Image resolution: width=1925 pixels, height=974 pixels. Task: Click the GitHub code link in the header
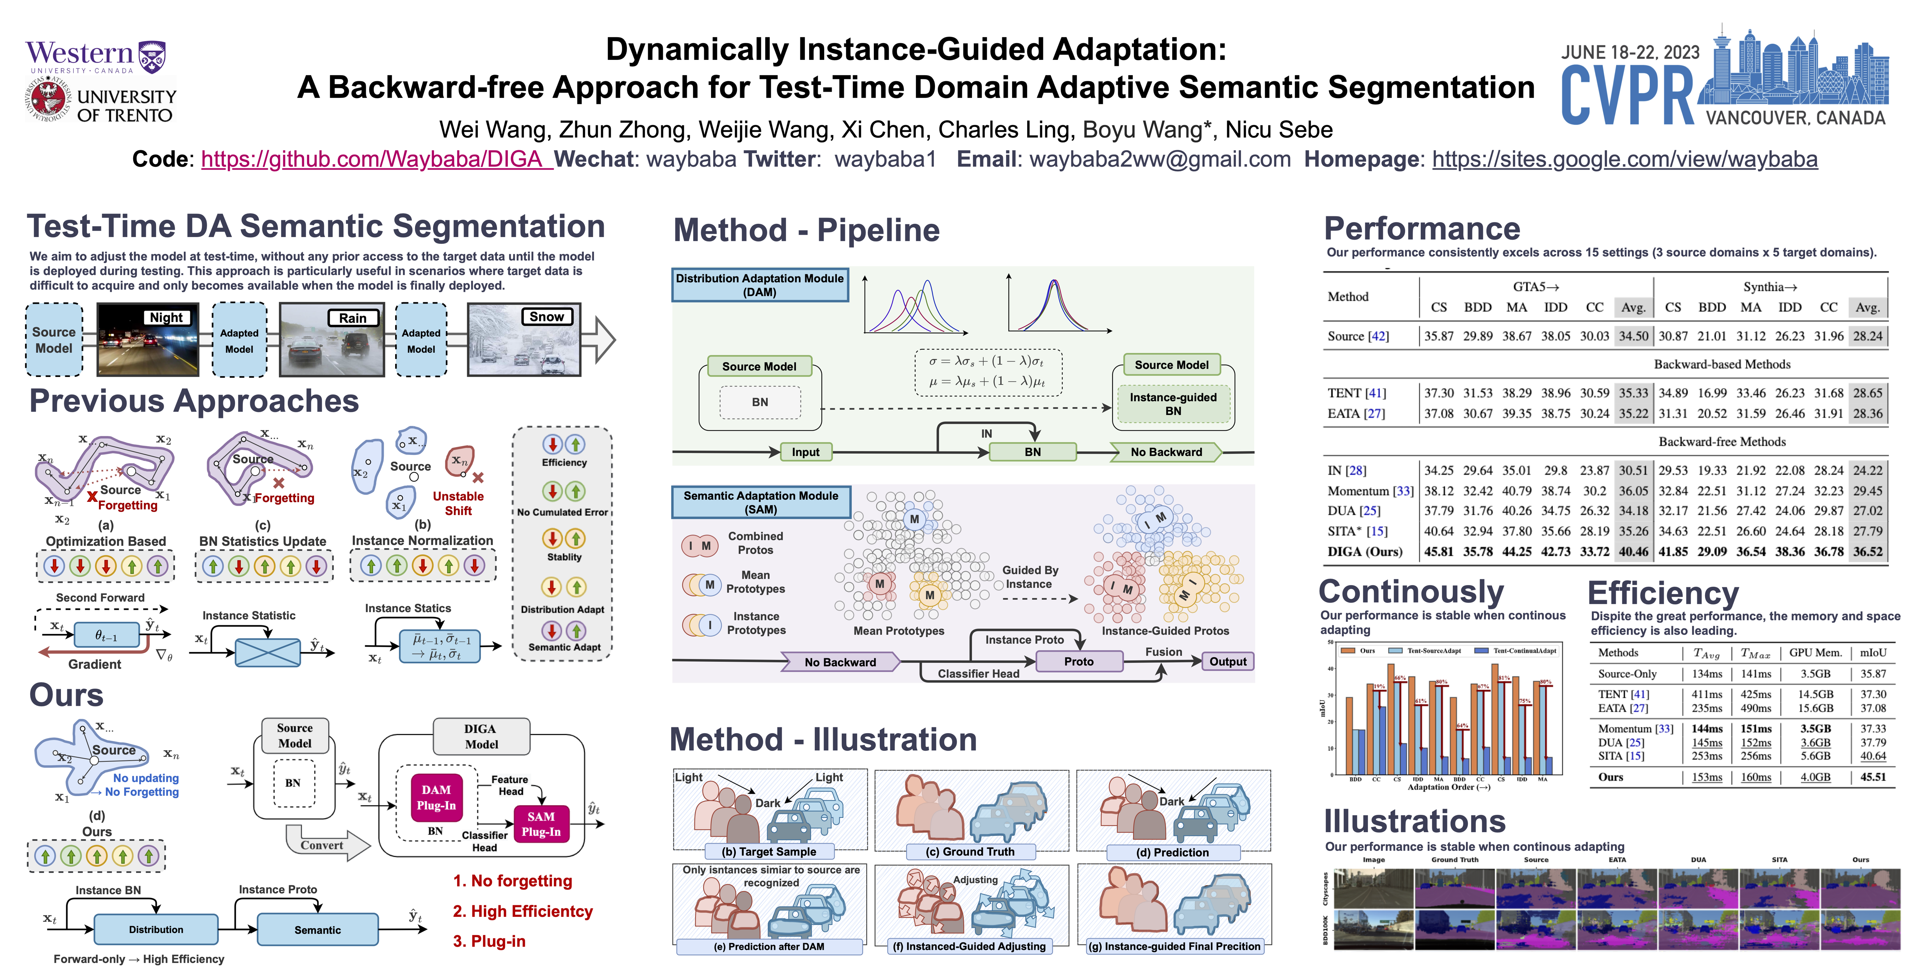(x=376, y=159)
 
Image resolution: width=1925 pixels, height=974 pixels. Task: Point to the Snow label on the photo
(x=547, y=317)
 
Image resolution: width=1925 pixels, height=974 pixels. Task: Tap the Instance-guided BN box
(x=1173, y=404)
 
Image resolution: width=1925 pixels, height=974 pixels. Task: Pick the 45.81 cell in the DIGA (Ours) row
(x=1438, y=552)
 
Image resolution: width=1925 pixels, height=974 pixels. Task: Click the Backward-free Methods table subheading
(x=1722, y=442)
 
